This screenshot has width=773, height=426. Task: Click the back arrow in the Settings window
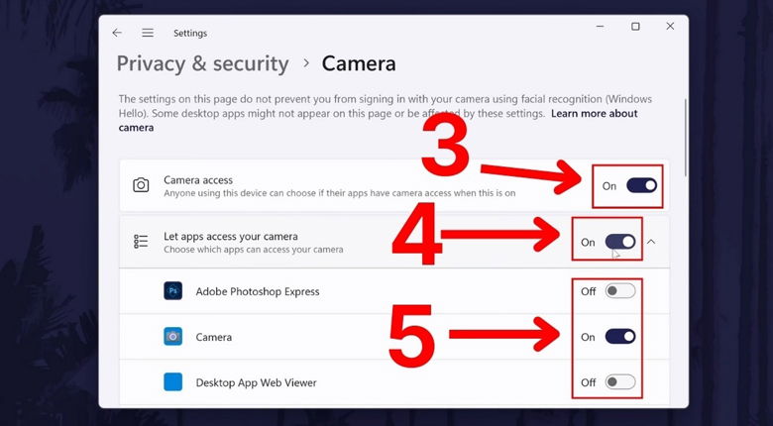pos(117,33)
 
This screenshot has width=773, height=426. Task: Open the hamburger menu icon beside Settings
pos(148,33)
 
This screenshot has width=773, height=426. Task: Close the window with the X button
pos(670,27)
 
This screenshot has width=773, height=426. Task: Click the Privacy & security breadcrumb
pos(202,63)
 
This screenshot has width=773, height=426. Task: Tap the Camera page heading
pos(359,63)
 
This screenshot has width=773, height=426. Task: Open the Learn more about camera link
pos(594,114)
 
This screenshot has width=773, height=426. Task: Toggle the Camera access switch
pos(641,185)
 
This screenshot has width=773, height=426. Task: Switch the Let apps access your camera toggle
pos(620,242)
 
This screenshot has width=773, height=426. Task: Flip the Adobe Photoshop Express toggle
pos(620,291)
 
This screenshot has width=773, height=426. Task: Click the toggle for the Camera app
pos(620,337)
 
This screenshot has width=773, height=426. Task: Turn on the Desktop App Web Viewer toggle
pos(620,382)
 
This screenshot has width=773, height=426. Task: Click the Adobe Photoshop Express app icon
pos(173,291)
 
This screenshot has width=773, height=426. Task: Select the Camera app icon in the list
pos(173,337)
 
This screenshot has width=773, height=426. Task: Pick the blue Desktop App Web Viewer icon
pos(173,382)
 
